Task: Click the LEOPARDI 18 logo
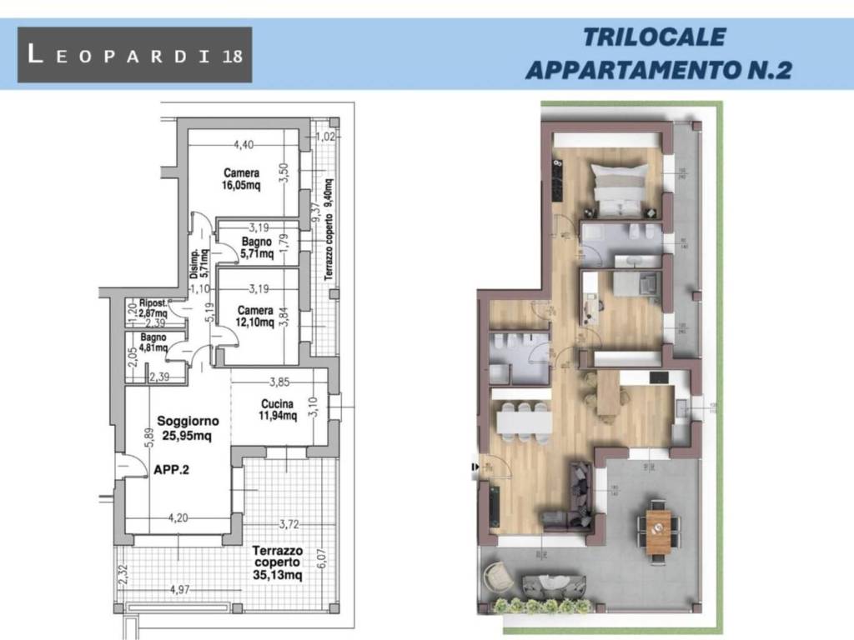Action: click(x=134, y=55)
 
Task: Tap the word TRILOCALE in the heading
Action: click(x=654, y=37)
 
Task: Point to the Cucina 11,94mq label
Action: click(x=278, y=410)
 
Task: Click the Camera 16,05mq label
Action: click(x=241, y=179)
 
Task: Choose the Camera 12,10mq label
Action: click(x=254, y=317)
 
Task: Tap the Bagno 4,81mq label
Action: click(x=153, y=343)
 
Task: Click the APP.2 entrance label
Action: click(x=172, y=470)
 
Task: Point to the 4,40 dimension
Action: click(x=243, y=145)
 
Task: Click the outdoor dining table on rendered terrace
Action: click(x=658, y=529)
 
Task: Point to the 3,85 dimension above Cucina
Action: click(x=279, y=383)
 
